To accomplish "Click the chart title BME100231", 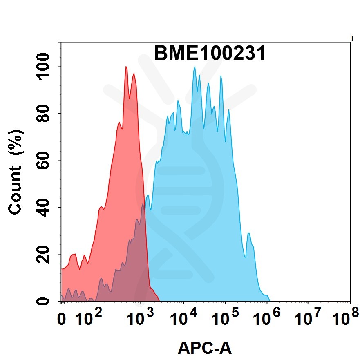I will click(x=210, y=54).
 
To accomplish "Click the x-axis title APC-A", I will click(x=205, y=349).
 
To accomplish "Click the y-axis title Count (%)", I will click(x=16, y=172).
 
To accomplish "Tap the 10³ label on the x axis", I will click(x=140, y=317).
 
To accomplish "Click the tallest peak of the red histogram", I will click(x=126, y=67).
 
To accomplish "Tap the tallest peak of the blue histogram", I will click(x=195, y=67).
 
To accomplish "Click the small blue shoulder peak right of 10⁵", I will click(x=249, y=234).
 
